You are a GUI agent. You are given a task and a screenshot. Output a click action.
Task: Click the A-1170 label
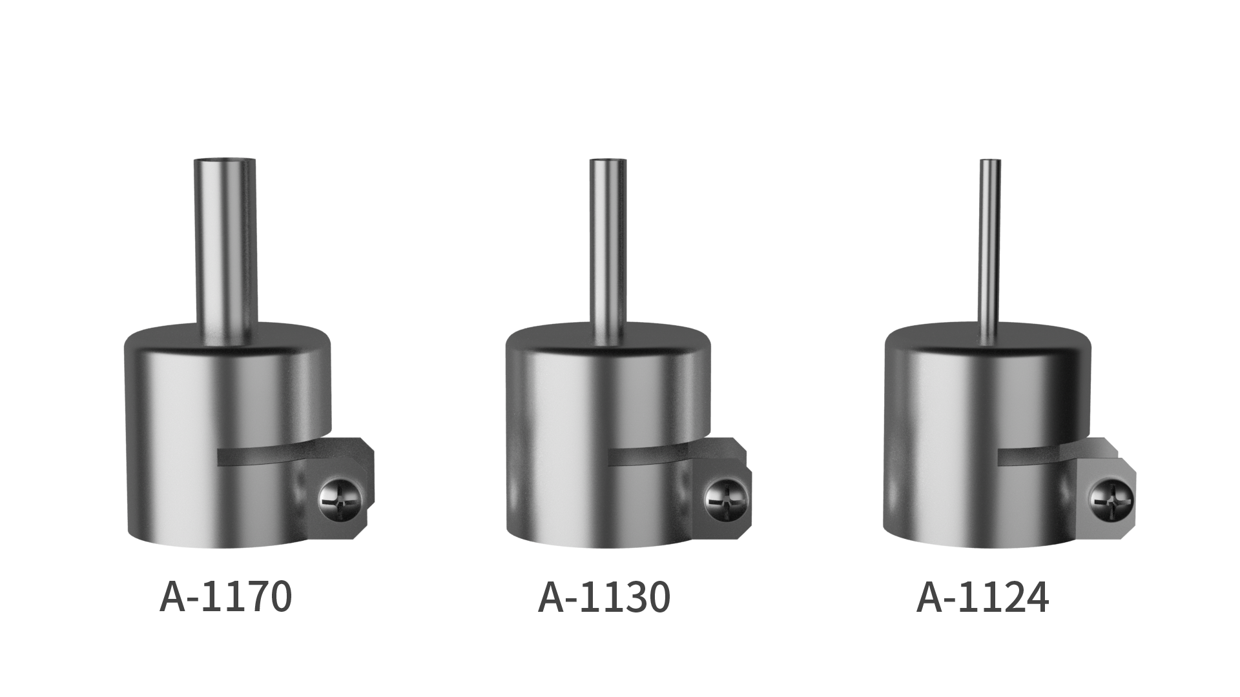point(225,597)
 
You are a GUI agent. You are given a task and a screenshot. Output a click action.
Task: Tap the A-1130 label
point(604,597)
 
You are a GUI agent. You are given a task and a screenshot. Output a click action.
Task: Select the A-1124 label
point(982,597)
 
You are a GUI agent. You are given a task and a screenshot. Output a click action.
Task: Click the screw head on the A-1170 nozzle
point(341,499)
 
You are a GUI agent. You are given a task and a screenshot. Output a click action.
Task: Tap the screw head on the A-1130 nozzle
point(726,499)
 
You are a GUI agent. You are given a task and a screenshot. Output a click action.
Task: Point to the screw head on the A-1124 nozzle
point(1110,501)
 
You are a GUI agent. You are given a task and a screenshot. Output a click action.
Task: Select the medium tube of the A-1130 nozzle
point(608,252)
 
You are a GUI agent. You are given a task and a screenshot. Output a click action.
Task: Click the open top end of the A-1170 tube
point(225,161)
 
